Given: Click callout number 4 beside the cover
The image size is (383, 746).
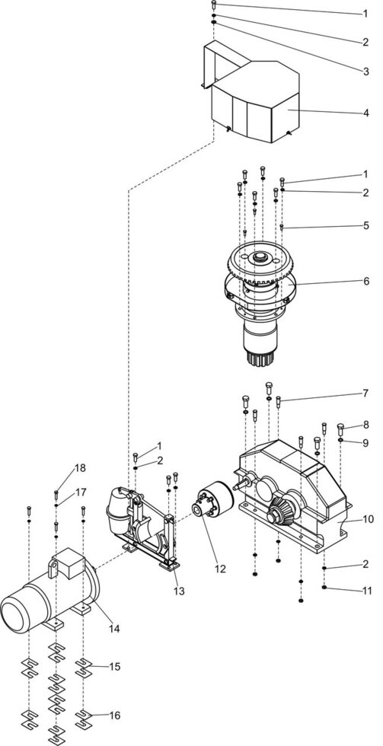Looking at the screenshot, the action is coord(365,113).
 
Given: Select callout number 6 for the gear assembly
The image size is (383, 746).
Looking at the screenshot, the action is coord(365,281).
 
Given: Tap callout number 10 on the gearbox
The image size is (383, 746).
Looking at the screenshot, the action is coord(369,519).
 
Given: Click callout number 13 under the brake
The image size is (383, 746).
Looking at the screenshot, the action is coord(178,591).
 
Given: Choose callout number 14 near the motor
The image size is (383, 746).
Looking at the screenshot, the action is coord(114,629).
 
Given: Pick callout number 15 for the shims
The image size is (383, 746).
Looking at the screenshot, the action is coord(114,667).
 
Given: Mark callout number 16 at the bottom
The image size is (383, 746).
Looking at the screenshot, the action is coord(114,716).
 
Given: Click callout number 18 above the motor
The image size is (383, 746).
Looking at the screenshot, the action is coord(80,467).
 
